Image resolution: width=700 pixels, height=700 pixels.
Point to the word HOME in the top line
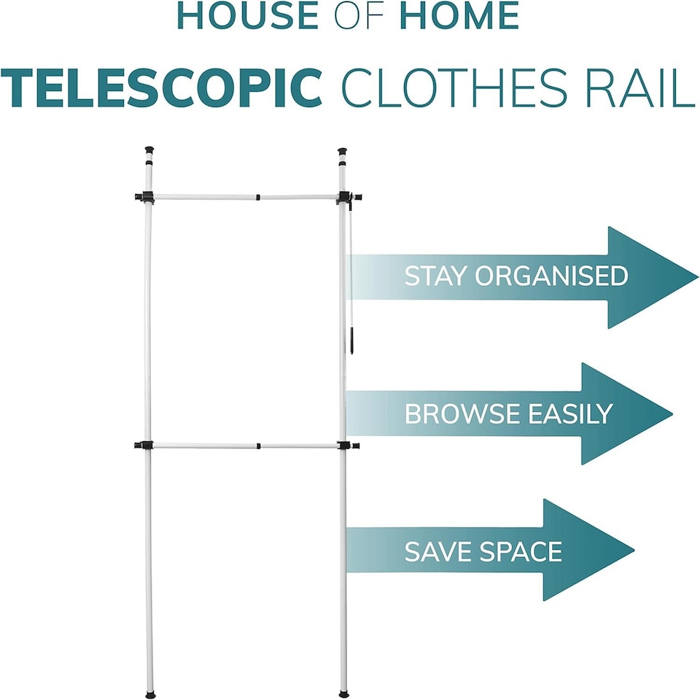(x=459, y=16)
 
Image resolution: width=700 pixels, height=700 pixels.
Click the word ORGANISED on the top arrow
(x=551, y=276)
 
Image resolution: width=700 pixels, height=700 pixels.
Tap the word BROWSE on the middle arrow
(x=462, y=413)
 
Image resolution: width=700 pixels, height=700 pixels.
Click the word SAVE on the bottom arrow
(x=435, y=551)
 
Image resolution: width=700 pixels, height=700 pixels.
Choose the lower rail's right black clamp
(x=347, y=445)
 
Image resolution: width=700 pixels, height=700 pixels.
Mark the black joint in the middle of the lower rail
(x=258, y=445)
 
